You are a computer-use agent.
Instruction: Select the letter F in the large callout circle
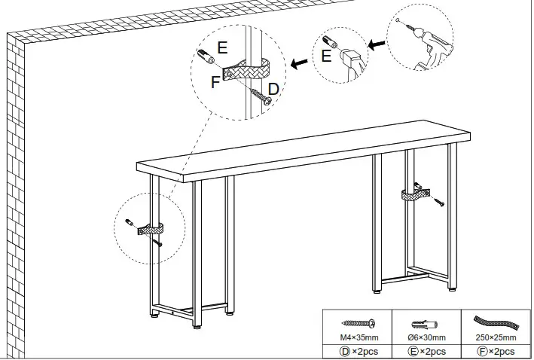coord(215,82)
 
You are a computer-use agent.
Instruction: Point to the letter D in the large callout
coord(273,89)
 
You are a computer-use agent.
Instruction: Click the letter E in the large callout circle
coord(222,47)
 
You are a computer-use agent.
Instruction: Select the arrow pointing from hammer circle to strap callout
coord(303,64)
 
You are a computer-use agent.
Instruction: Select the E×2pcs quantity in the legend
coord(427,351)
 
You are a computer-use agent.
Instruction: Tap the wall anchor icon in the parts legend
coord(427,322)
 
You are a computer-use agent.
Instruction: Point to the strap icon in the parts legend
coord(495,322)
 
